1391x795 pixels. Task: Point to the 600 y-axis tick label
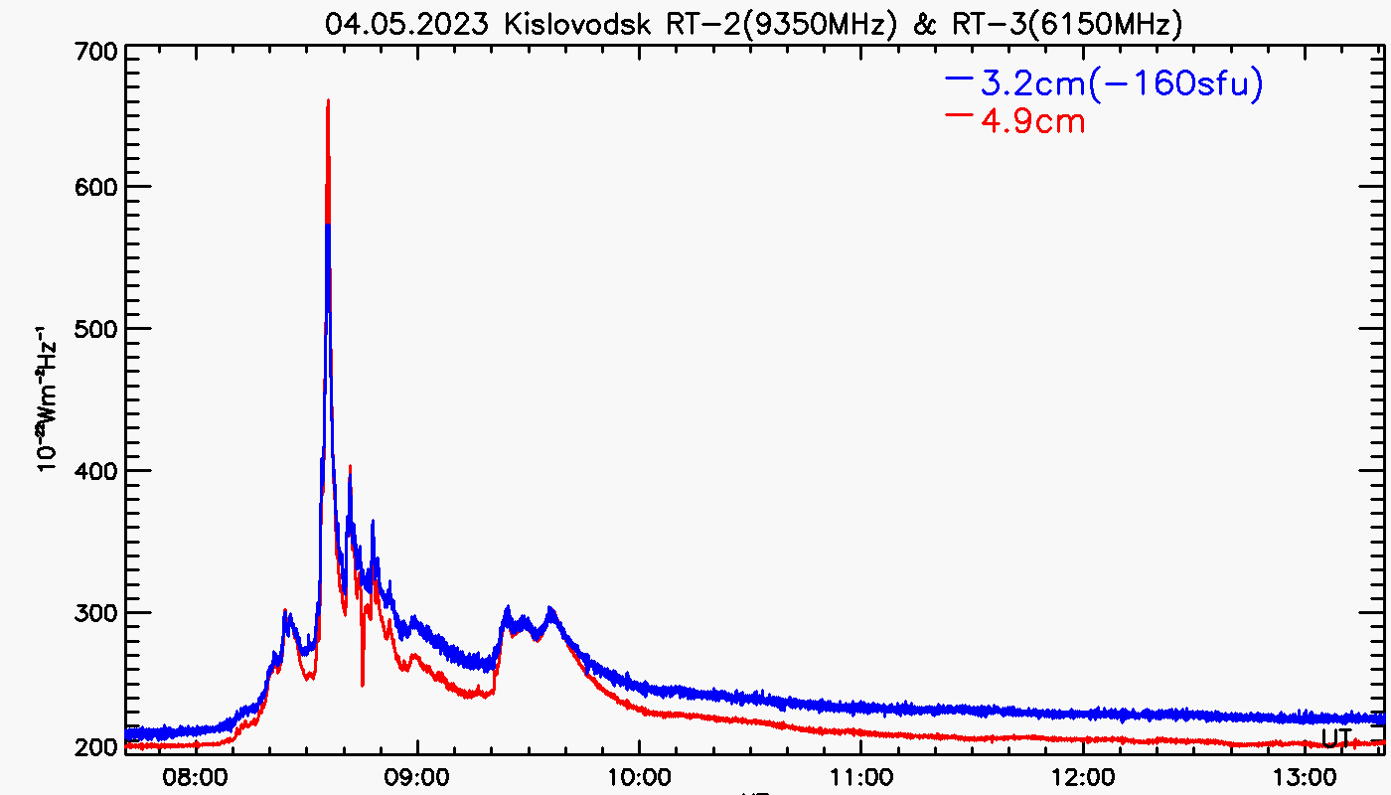tap(97, 187)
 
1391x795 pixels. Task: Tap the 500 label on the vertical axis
tap(97, 329)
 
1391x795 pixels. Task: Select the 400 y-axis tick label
tap(97, 471)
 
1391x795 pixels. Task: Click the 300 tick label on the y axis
tap(97, 613)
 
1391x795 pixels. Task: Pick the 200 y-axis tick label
tap(97, 746)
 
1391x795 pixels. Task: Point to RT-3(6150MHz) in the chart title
tap(1064, 24)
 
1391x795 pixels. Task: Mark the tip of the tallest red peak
tap(328, 100)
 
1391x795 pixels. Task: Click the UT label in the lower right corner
tap(1337, 737)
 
